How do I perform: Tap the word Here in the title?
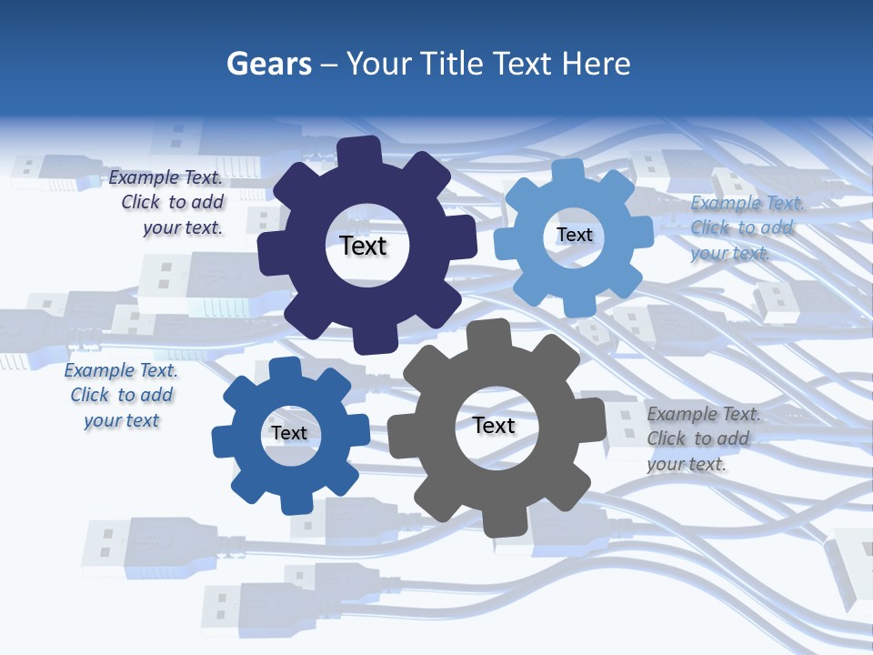coord(597,64)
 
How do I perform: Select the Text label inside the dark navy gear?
coord(364,246)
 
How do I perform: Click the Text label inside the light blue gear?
coord(575,235)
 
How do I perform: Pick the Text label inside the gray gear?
coord(494,426)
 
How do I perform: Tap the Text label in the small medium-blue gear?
coord(289,433)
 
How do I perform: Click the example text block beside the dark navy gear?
coord(167,203)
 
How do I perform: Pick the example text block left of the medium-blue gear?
coord(121,395)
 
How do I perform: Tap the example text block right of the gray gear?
coord(700,438)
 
